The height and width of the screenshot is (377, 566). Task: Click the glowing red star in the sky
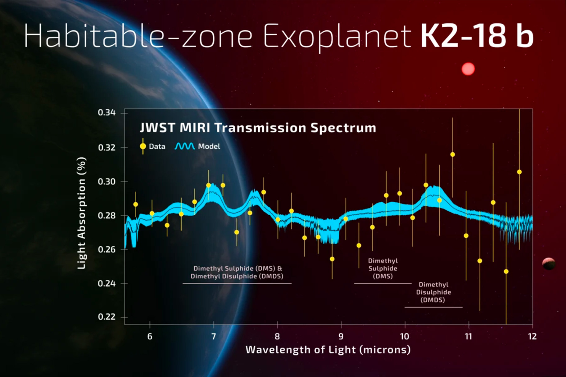[468, 69]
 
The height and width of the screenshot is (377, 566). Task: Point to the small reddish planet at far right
[549, 263]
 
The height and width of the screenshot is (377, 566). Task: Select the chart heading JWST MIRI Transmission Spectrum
[258, 128]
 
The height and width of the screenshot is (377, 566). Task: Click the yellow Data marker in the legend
[143, 146]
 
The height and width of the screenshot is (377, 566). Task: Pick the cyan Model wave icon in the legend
[185, 146]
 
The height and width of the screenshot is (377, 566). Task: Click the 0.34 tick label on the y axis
[106, 112]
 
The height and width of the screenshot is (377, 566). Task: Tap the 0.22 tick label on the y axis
[106, 317]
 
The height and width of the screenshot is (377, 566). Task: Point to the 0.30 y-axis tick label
[106, 182]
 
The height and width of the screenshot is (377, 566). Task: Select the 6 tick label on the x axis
[150, 337]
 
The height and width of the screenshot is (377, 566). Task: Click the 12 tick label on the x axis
[532, 337]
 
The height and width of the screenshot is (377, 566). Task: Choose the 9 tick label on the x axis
[341, 337]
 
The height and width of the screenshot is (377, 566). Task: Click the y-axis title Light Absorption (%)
[81, 213]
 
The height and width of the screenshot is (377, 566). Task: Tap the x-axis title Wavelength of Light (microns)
[328, 350]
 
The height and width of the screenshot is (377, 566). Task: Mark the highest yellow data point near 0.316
[452, 155]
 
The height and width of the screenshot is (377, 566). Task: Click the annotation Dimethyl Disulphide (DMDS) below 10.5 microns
[433, 292]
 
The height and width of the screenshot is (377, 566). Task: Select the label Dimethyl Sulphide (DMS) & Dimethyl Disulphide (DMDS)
[237, 272]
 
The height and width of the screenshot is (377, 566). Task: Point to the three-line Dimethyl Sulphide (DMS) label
[383, 268]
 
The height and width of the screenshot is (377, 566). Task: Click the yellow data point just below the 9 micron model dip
[332, 259]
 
